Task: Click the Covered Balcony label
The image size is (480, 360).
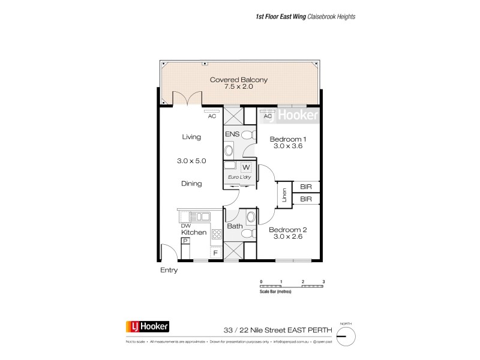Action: point(238,79)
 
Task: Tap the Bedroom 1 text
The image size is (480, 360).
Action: point(287,139)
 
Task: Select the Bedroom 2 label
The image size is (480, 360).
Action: point(287,230)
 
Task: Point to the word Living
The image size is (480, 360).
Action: point(191,137)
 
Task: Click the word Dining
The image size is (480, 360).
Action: point(191,184)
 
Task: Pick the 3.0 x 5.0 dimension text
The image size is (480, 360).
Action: point(191,161)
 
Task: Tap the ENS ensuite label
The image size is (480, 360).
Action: point(232,134)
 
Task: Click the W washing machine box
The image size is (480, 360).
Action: point(245,167)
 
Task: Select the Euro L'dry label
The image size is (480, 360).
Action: point(239,178)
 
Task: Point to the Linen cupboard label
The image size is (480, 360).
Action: point(283,196)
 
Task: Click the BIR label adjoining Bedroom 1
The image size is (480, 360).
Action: point(305,187)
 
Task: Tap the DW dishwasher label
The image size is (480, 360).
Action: point(186,225)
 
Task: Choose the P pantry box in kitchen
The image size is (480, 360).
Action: point(185,241)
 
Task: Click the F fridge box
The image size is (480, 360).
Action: point(215,253)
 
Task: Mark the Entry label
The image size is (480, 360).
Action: point(169,271)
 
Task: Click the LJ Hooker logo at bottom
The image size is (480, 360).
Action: point(147,327)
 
